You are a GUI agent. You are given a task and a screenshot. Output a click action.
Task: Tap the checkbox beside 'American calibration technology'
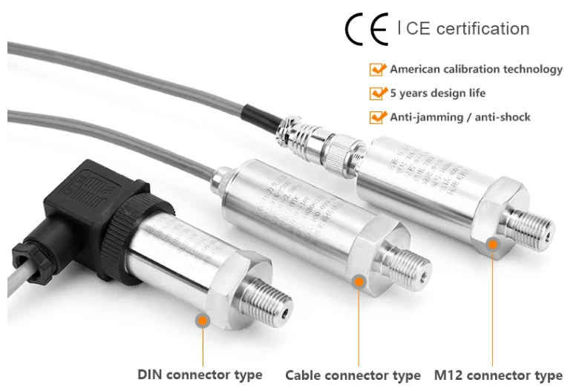tap(378, 70)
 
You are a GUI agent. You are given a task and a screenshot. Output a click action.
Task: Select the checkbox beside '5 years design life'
tap(378, 93)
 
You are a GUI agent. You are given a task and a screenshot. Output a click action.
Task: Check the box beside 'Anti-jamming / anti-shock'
tap(378, 117)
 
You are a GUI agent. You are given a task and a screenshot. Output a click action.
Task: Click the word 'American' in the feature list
tap(416, 69)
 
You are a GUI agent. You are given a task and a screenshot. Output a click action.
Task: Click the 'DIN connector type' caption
tap(200, 374)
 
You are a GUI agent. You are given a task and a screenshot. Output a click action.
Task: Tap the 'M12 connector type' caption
tap(497, 375)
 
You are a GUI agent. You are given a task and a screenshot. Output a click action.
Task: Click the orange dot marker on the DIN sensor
tap(202, 320)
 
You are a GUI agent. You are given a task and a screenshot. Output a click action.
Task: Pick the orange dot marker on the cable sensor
tap(359, 281)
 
